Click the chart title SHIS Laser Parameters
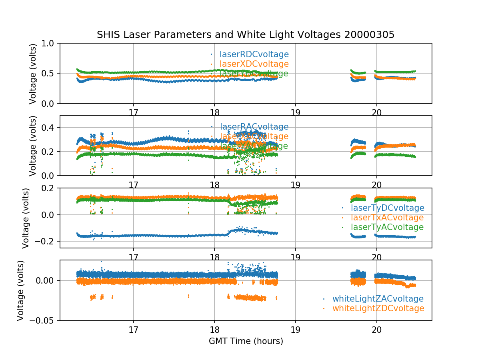coord(246,35)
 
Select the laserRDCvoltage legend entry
coord(254,54)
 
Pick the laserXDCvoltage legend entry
coord(254,64)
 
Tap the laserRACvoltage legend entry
coord(254,127)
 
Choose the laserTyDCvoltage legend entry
coord(387,208)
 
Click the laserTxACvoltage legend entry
coord(387,218)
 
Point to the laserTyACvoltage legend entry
coord(387,227)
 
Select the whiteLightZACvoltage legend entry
coord(378,299)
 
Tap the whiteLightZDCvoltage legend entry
coord(378,308)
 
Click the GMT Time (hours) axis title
coord(246,341)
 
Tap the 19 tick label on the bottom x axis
coord(295,330)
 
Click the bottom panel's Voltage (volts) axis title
coord(20,290)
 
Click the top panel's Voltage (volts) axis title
coord(33,73)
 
